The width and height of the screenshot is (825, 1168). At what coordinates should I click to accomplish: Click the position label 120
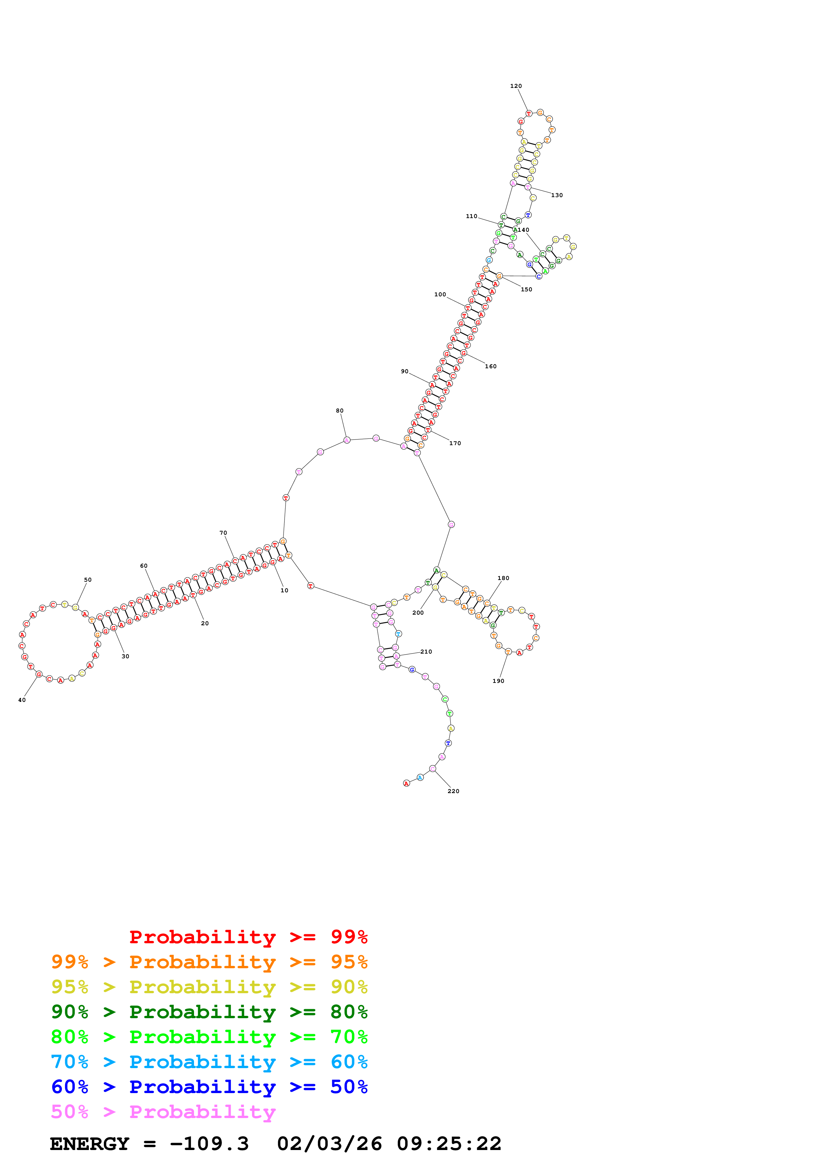pos(516,86)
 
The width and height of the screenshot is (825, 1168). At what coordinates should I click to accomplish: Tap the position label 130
pos(557,195)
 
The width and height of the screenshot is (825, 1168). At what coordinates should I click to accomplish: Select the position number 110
pos(471,216)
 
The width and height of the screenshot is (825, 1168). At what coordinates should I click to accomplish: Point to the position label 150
pos(526,289)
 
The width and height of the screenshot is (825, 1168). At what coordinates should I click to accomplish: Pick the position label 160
pos(491,366)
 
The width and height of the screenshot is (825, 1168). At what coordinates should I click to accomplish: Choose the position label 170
pos(455,443)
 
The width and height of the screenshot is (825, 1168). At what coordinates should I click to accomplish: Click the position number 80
pos(339,411)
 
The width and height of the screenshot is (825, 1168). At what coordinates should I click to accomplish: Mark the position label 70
pos(223,533)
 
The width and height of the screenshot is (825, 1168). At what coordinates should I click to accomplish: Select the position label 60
pos(144,566)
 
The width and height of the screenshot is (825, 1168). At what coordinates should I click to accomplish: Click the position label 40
pos(22,700)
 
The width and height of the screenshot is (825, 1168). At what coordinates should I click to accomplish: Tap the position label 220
pos(453,791)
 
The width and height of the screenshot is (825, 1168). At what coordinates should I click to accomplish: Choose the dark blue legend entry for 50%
pos(209,1087)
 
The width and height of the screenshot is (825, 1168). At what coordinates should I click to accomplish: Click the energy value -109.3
pos(209,1144)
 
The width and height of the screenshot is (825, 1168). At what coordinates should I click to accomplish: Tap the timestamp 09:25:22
pos(449,1144)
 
